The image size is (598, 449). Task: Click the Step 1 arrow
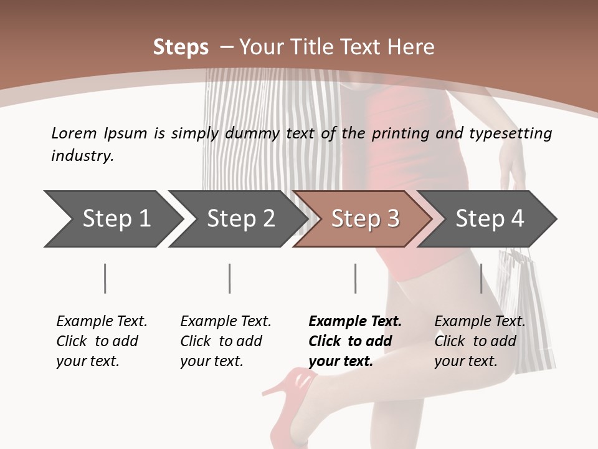[115, 219]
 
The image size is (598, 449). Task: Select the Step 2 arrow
[240, 219]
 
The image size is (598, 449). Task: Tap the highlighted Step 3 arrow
[364, 219]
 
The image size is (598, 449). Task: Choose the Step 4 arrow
[489, 219]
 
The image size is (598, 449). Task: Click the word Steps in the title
[181, 47]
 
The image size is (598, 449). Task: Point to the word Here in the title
[411, 47]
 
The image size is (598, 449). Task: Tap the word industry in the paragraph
[82, 155]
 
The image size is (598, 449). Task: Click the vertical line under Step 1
[105, 278]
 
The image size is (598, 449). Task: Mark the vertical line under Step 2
[230, 278]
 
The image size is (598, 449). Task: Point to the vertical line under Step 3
[355, 278]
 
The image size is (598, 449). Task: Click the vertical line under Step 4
[481, 278]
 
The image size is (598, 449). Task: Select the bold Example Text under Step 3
[355, 322]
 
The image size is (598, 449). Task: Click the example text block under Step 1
[102, 341]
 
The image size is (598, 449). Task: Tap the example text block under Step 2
[225, 341]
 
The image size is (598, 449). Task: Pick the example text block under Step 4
[480, 341]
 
